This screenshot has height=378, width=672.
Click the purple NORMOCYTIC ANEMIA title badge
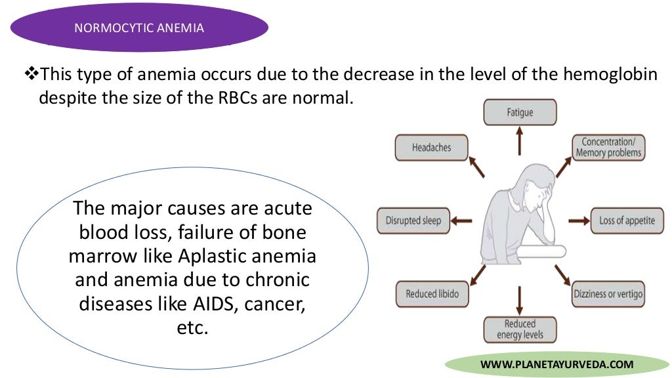click(138, 28)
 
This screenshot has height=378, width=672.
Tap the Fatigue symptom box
click(519, 112)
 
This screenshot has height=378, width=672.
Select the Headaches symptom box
click(431, 148)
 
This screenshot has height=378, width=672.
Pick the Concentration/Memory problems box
click(608, 148)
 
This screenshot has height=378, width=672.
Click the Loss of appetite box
click(627, 220)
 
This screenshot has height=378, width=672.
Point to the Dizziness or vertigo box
click(608, 294)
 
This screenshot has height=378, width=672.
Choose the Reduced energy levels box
click(519, 329)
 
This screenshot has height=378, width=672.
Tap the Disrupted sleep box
click(413, 220)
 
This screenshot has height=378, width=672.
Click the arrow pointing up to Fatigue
click(519, 141)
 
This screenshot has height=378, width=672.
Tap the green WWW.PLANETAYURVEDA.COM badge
click(556, 364)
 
